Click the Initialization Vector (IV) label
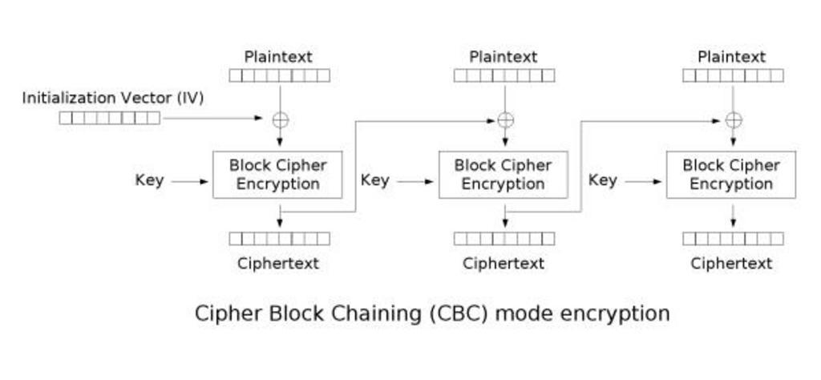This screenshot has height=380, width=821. tap(112, 98)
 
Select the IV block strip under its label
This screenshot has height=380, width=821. tap(110, 119)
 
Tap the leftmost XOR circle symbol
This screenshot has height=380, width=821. tap(280, 120)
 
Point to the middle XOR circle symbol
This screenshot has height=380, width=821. tap(505, 120)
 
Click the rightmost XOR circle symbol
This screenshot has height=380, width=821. tap(733, 120)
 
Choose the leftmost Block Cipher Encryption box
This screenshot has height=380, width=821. tap(277, 174)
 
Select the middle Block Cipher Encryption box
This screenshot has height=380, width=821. tap(503, 174)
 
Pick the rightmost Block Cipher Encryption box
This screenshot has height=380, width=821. tap(731, 174)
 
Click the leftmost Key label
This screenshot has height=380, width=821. tap(149, 180)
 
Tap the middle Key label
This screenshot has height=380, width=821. tap(374, 180)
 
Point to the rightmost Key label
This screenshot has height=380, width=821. tap(603, 180)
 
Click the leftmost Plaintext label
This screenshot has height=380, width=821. tap(278, 57)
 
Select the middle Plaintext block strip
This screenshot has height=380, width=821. tap(504, 76)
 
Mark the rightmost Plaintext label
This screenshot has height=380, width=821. tap(731, 57)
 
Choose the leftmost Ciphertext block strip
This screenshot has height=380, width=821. tap(279, 238)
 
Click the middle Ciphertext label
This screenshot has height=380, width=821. tap(504, 263)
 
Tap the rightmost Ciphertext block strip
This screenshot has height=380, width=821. tap(733, 238)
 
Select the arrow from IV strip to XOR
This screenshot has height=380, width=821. tap(212, 119)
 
